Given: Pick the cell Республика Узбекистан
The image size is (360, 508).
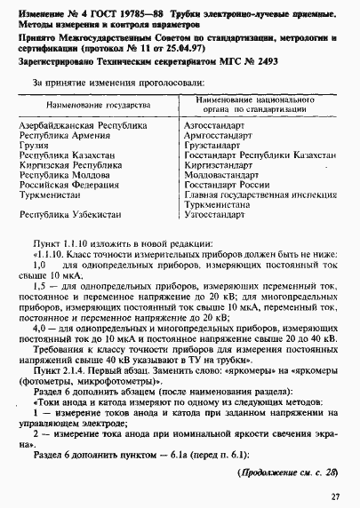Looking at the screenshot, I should click(x=71, y=214).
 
